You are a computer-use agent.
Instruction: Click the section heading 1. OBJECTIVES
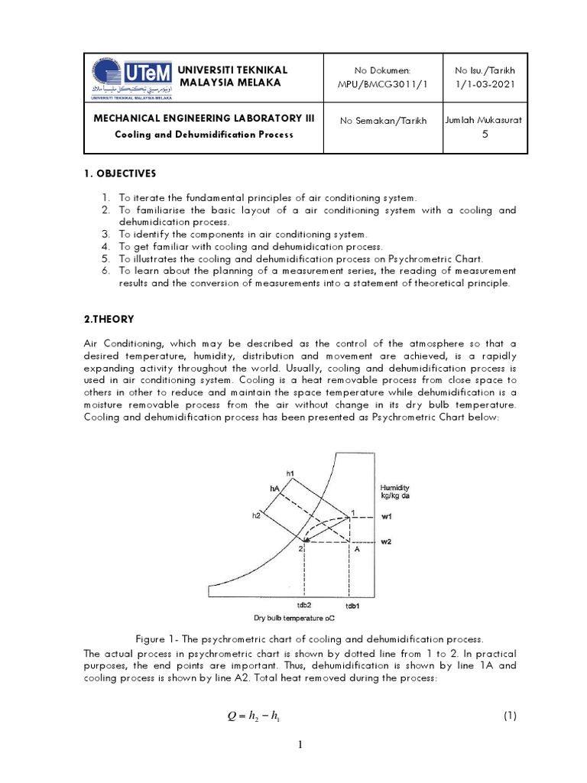point(125,174)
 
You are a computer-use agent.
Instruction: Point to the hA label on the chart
point(274,487)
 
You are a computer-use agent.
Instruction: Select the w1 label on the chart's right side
point(387,516)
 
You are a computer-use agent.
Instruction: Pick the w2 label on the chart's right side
point(387,542)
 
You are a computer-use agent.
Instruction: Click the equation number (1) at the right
point(511,716)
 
